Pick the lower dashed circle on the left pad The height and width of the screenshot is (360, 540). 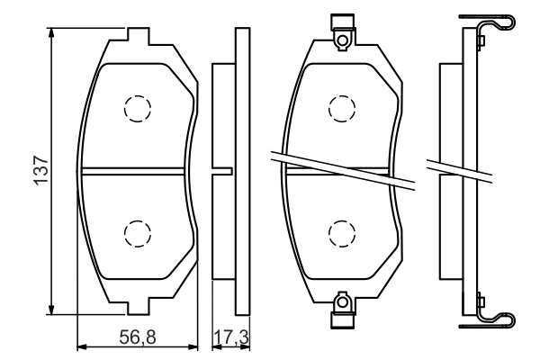click(x=137, y=233)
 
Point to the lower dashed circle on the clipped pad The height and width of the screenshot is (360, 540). click(x=342, y=233)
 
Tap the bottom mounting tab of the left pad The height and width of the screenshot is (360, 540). click(x=137, y=303)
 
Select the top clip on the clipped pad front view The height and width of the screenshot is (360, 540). click(x=342, y=31)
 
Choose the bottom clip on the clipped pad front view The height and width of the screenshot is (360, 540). click(x=342, y=310)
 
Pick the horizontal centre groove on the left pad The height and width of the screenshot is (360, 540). click(x=135, y=171)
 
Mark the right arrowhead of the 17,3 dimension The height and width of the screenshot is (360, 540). click(x=245, y=345)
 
